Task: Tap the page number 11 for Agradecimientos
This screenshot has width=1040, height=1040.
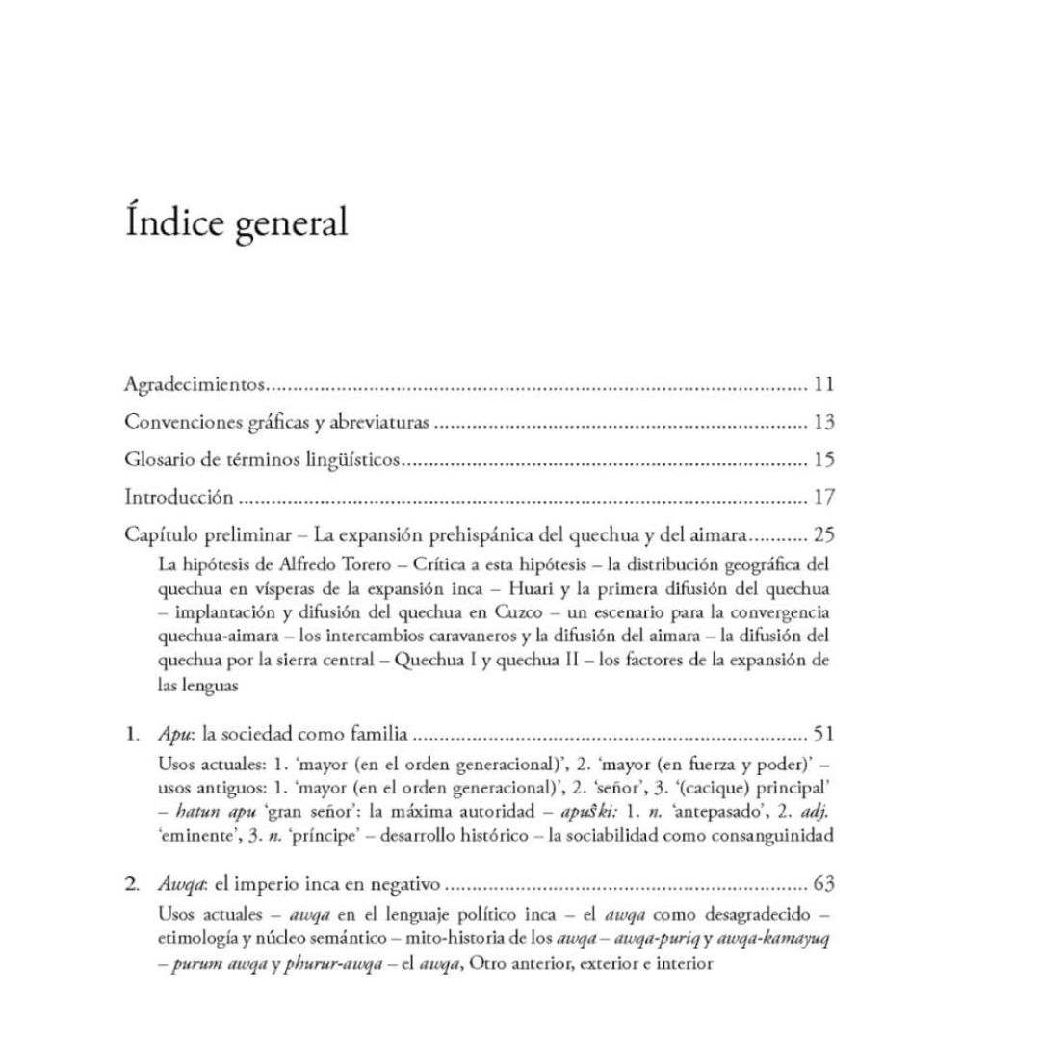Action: point(822,385)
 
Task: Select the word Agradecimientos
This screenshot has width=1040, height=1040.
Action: point(195,385)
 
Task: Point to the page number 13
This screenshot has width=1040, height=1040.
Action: point(822,423)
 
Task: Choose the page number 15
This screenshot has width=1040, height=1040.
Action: point(822,460)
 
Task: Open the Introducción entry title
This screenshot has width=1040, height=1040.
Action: point(179,498)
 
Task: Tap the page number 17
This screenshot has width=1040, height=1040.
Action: point(822,498)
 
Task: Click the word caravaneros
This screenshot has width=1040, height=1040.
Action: point(497,636)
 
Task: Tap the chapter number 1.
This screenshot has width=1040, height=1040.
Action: point(131,735)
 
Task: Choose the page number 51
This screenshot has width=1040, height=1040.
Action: point(822,735)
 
